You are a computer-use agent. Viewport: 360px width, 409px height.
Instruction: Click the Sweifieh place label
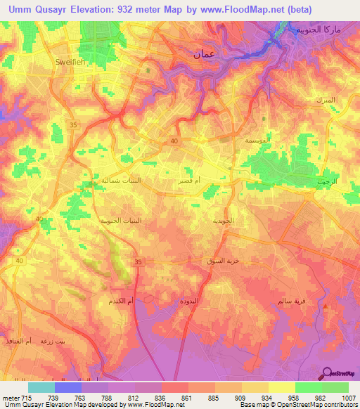click(69, 62)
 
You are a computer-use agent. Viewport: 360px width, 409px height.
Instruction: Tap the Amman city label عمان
click(204, 53)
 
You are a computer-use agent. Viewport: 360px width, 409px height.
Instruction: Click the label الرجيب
click(327, 181)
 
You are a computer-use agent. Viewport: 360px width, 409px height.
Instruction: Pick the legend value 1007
click(349, 397)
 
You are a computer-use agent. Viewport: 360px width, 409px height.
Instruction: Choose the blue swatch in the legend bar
click(68, 387)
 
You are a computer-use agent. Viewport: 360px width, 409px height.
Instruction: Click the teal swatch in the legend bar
click(41, 387)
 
